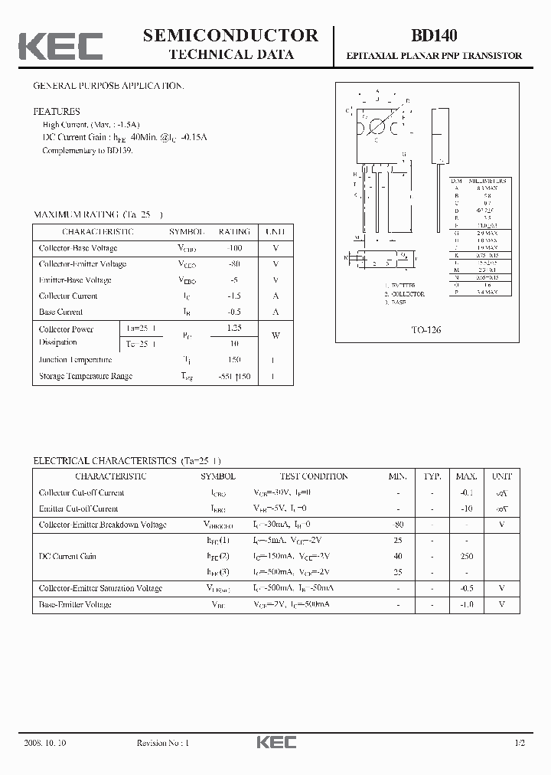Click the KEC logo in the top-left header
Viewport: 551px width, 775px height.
(x=60, y=47)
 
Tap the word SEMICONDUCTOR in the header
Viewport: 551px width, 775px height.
(x=230, y=35)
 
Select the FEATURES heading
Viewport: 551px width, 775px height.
(x=57, y=111)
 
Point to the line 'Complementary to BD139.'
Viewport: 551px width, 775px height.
(x=88, y=151)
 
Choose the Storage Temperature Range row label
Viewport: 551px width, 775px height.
(x=86, y=376)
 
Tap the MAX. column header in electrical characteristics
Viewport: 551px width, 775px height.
(x=467, y=476)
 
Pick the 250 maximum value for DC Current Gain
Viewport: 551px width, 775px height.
(x=467, y=556)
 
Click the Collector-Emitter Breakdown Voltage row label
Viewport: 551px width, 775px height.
(x=103, y=525)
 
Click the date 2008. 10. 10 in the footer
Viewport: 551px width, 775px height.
(x=46, y=743)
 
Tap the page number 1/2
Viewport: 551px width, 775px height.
(x=520, y=743)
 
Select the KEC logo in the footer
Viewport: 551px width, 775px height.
(x=275, y=743)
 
